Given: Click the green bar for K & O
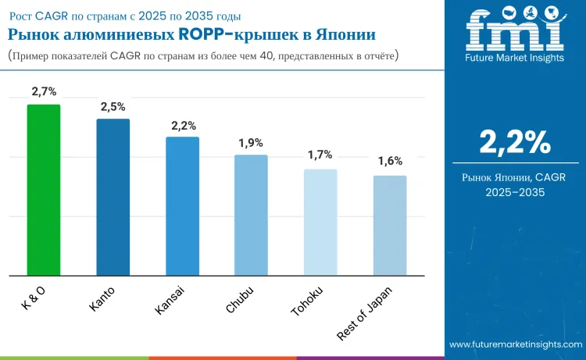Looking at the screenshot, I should [x=44, y=190].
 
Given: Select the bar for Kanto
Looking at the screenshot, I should [x=113, y=197].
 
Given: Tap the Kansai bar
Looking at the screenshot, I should [x=182, y=206].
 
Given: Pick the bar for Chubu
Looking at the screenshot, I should [x=252, y=215].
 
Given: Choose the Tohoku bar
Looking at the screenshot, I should [x=320, y=222].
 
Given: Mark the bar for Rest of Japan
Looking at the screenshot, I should [x=390, y=225].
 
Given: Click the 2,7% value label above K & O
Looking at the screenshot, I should [x=44, y=92].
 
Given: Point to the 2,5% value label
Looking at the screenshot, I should [x=113, y=106].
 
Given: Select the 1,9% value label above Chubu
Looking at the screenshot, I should [x=252, y=143].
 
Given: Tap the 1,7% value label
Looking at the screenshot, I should [x=320, y=156].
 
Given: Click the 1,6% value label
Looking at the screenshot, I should [x=390, y=162].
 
